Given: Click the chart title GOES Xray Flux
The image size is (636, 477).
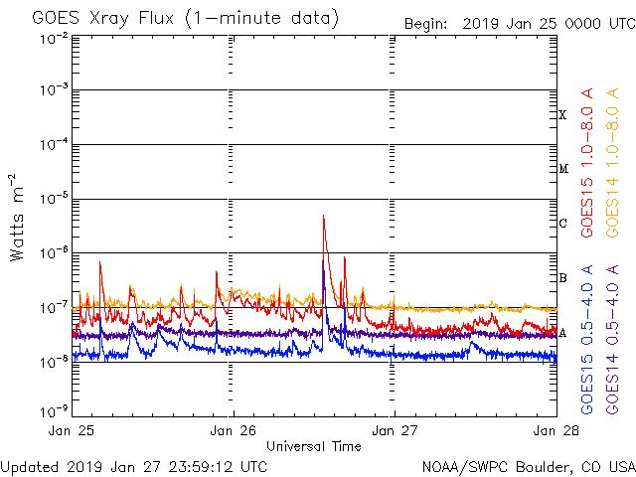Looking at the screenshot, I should coord(185,18).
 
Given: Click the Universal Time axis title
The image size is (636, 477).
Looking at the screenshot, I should coord(313,446).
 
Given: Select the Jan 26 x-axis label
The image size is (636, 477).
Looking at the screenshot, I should coord(235,431).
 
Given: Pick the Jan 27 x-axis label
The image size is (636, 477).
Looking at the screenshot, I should coord(395,431).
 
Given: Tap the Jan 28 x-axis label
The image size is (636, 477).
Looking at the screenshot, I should coord(554,431).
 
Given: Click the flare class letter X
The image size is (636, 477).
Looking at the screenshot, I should coord(562,115).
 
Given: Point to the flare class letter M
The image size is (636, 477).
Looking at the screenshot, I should coord(562,169).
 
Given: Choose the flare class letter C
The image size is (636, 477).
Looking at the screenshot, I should coord(562,223).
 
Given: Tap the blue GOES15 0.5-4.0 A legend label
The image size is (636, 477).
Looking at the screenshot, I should coord(587,338).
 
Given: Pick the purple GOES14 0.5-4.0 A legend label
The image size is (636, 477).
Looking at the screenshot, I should coord(616,338).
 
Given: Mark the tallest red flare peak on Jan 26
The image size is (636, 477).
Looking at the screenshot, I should coord(324,216).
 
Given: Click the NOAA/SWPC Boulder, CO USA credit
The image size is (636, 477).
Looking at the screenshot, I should coord(528,465).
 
